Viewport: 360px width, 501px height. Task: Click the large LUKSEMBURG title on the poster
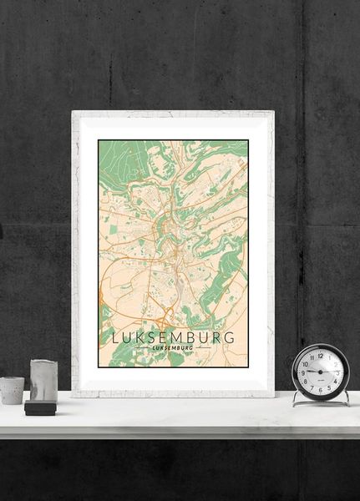point(173,338)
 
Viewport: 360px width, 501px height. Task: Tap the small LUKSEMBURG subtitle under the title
point(173,348)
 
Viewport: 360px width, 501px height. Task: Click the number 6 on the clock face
point(321,388)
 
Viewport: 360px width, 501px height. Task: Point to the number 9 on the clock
point(304,372)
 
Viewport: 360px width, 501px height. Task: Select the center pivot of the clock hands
point(321,372)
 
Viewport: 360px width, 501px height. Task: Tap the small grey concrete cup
point(12,390)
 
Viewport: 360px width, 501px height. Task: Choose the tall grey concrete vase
point(43,381)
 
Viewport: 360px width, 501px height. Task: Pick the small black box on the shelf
point(39,407)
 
